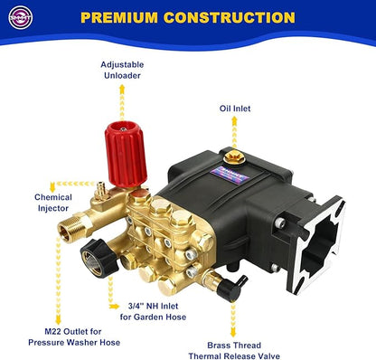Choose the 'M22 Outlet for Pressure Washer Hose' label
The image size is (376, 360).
61,336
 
